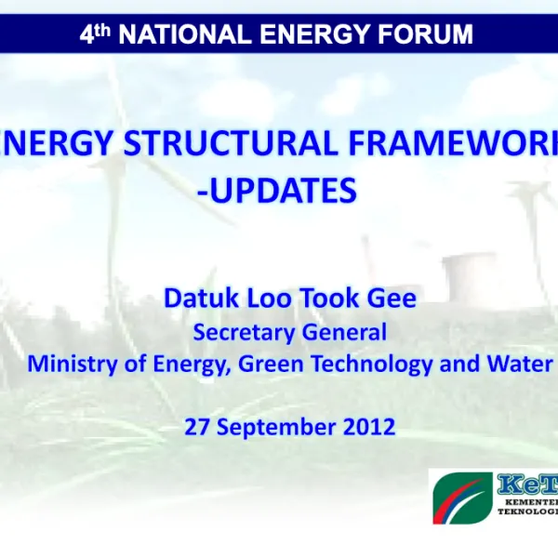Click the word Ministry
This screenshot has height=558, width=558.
(x=65, y=364)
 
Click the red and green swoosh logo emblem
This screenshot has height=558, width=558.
(x=461, y=500)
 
